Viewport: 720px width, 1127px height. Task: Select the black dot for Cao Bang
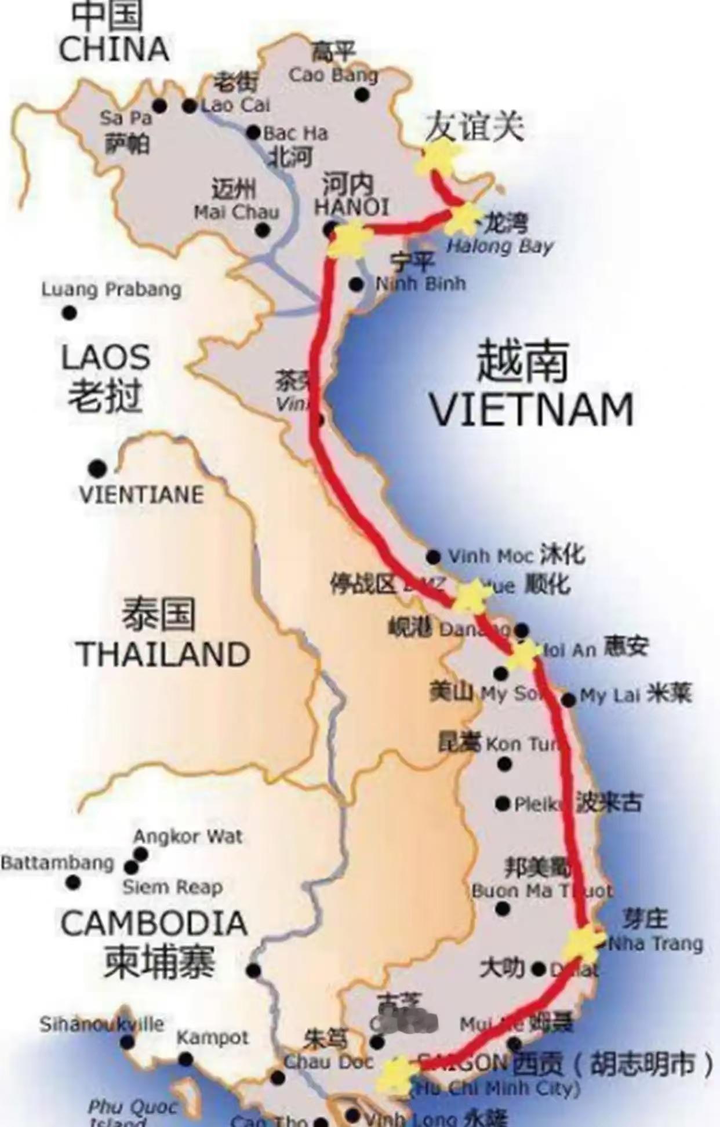pyautogui.click(x=362, y=94)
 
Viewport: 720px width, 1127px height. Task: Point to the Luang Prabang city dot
pyautogui.click(x=70, y=313)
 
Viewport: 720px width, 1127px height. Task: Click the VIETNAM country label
pyautogui.click(x=532, y=410)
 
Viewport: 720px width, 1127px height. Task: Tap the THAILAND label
pyautogui.click(x=163, y=655)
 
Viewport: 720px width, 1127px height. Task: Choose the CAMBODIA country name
pyautogui.click(x=154, y=924)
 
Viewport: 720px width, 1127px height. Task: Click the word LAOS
pyautogui.click(x=106, y=358)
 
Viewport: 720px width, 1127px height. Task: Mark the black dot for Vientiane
pyautogui.click(x=97, y=468)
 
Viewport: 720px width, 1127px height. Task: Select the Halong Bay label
pyautogui.click(x=500, y=246)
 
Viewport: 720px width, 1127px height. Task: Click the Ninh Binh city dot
pyautogui.click(x=357, y=285)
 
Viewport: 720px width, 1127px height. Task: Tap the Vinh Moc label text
pyautogui.click(x=490, y=556)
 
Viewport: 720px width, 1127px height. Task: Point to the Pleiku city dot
pyautogui.click(x=503, y=804)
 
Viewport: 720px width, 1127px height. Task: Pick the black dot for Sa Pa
pyautogui.click(x=159, y=106)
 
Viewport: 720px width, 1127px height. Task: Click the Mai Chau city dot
pyautogui.click(x=263, y=230)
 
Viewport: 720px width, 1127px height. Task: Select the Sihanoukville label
pyautogui.click(x=101, y=1024)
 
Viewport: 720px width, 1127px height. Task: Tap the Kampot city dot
pyautogui.click(x=186, y=1060)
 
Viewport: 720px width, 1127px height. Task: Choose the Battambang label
pyautogui.click(x=57, y=862)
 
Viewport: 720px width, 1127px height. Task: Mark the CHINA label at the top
pyautogui.click(x=114, y=49)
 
